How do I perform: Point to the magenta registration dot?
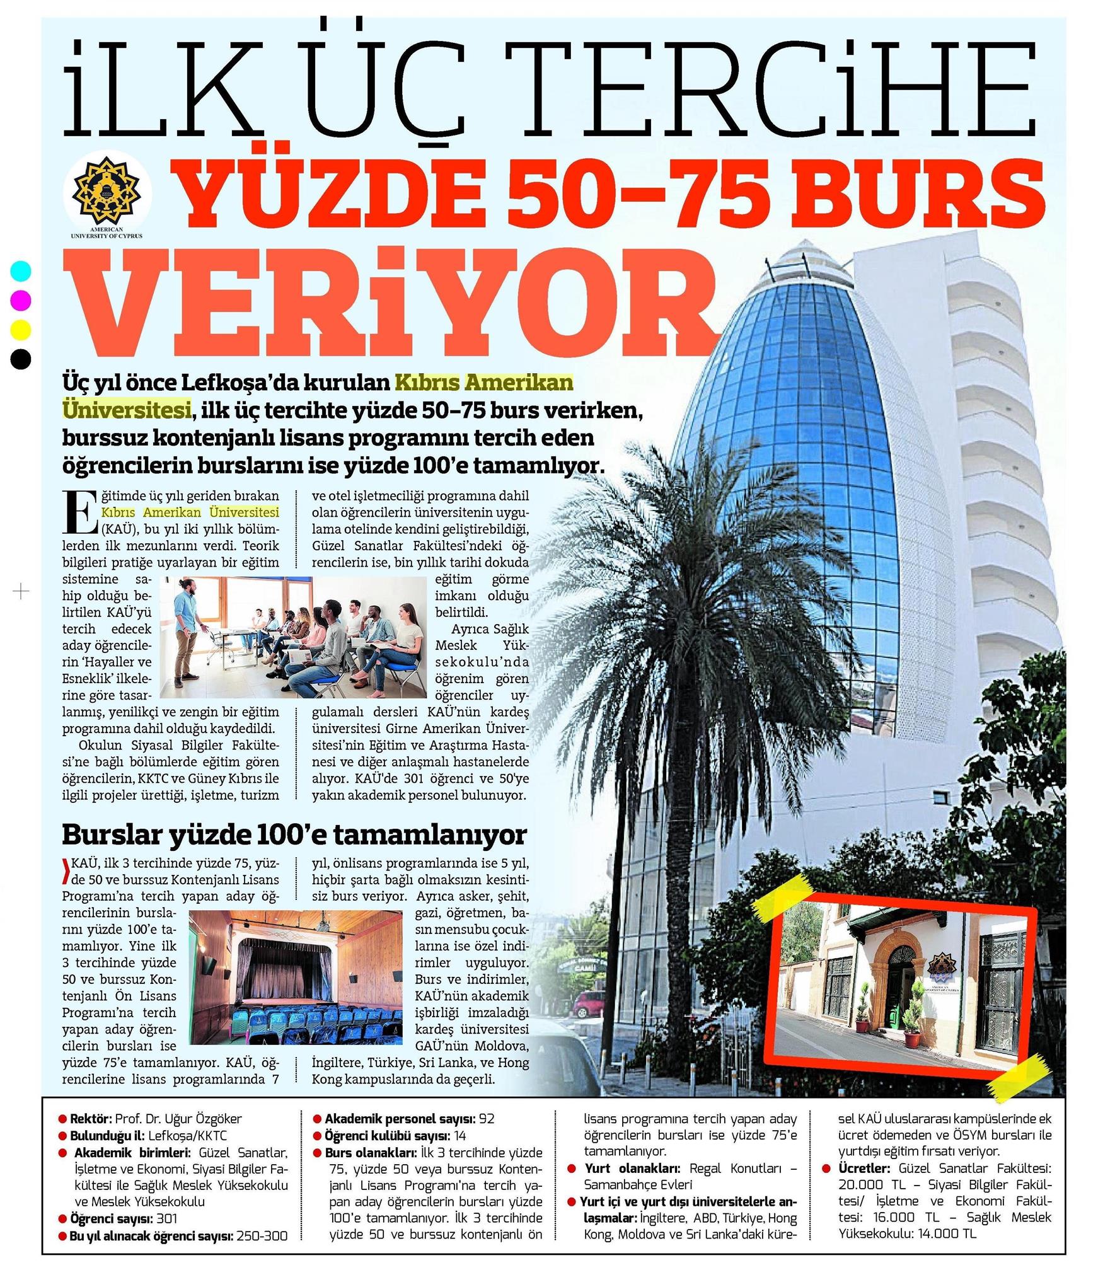pyautogui.click(x=21, y=300)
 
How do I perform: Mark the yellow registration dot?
pyautogui.click(x=21, y=329)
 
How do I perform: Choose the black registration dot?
pyautogui.click(x=21, y=359)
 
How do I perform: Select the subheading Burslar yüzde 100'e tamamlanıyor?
pyautogui.click(x=294, y=834)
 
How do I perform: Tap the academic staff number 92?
pyautogui.click(x=486, y=1119)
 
